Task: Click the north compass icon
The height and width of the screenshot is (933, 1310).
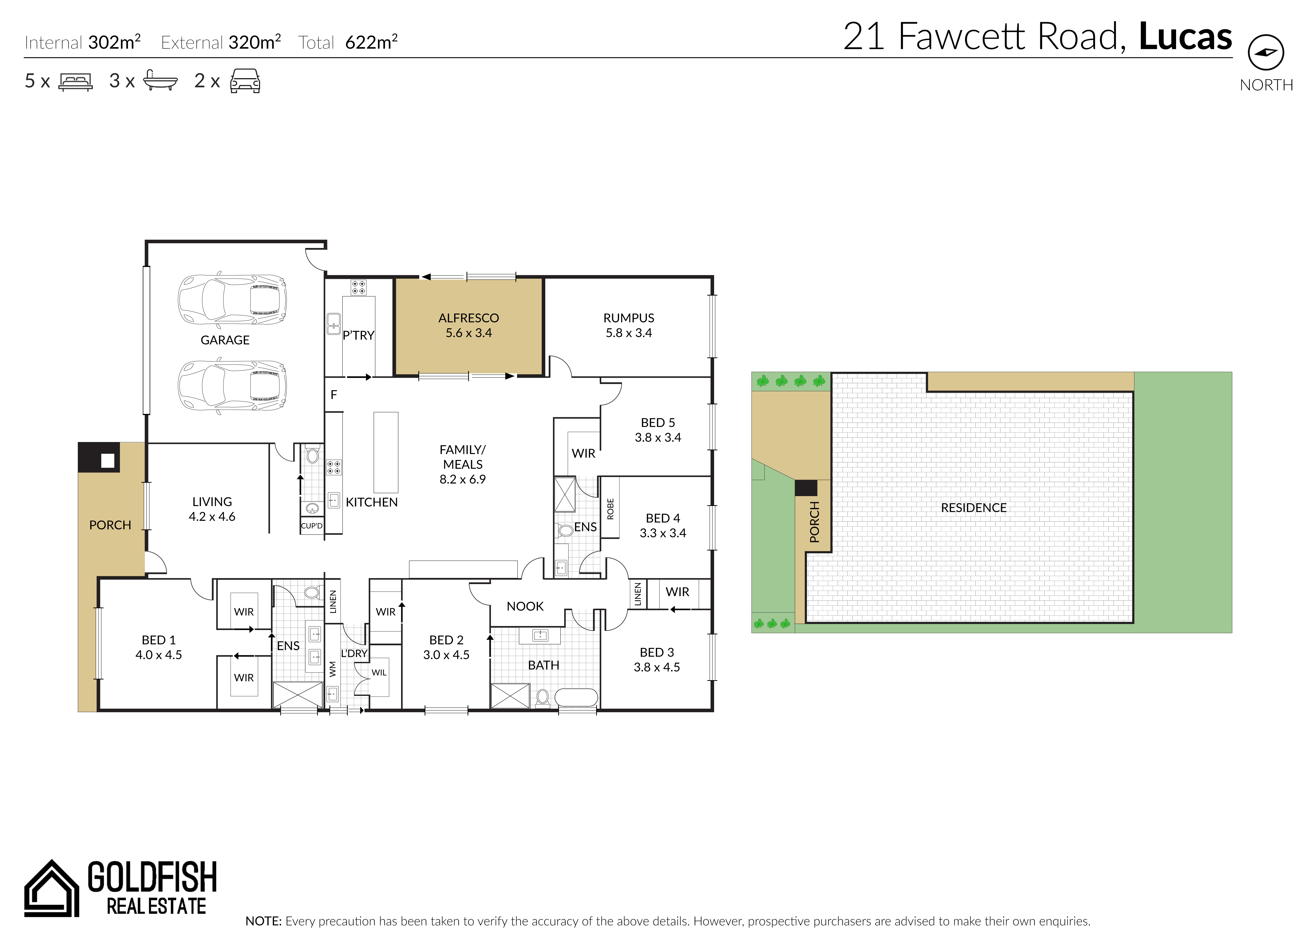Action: coord(1266,52)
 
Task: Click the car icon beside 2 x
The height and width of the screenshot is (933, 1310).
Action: coord(245,81)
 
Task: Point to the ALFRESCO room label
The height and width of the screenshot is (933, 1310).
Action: coord(468,318)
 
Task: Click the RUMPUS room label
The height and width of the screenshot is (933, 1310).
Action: coord(629,318)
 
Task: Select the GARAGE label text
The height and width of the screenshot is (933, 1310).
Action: coord(225,340)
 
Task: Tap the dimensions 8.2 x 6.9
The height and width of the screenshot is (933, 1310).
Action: coord(462,479)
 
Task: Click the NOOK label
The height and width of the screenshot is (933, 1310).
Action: coord(525,606)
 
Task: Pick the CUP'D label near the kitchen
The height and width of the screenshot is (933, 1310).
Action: coord(311,526)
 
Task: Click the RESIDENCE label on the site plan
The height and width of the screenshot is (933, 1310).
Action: coord(973,508)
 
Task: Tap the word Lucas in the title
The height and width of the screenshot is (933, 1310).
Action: coord(1185,36)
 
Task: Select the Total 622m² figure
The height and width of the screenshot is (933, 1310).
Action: coord(348,42)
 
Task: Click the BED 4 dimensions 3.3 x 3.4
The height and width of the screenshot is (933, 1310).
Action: coord(662,533)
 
